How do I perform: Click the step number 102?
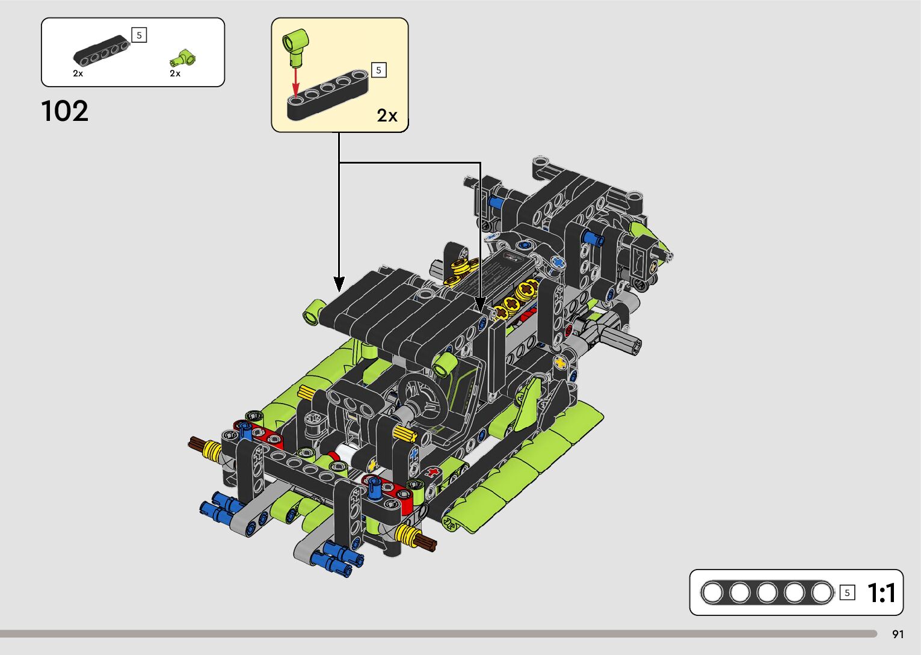pyautogui.click(x=64, y=111)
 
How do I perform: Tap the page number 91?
pyautogui.click(x=898, y=634)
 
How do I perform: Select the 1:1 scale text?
pyautogui.click(x=881, y=593)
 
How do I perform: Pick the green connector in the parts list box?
pyautogui.click(x=182, y=59)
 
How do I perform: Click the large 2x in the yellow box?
pyautogui.click(x=387, y=115)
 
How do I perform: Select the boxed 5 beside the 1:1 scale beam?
pyautogui.click(x=847, y=593)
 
